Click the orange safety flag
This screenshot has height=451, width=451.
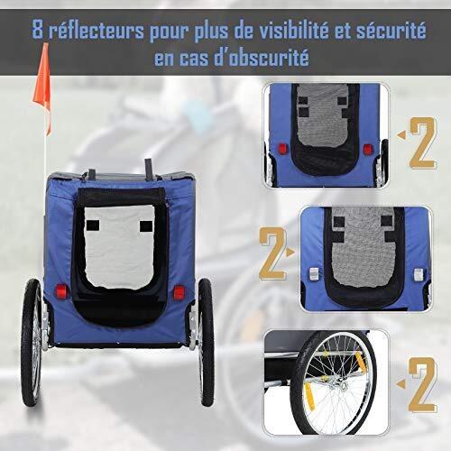[x=43, y=87]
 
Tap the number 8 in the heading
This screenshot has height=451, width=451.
[x=38, y=30]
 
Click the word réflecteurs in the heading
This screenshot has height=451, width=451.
[x=97, y=30]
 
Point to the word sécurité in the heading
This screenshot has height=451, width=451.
[x=391, y=30]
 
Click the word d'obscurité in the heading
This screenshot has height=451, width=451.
[x=262, y=58]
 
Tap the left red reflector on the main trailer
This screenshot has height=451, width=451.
[x=61, y=291]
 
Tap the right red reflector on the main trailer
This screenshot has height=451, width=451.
[x=179, y=292]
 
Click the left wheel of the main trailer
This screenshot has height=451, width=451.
[x=32, y=343]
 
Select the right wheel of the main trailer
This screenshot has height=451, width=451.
[x=206, y=342]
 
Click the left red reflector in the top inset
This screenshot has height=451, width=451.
[x=282, y=149]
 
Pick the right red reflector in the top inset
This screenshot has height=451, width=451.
[x=368, y=150]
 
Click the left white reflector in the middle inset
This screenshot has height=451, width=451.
[x=314, y=274]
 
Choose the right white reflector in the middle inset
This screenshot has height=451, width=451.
[x=419, y=275]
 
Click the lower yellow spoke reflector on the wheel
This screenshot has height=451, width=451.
[x=308, y=396]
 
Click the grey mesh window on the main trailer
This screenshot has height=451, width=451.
[x=120, y=246]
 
